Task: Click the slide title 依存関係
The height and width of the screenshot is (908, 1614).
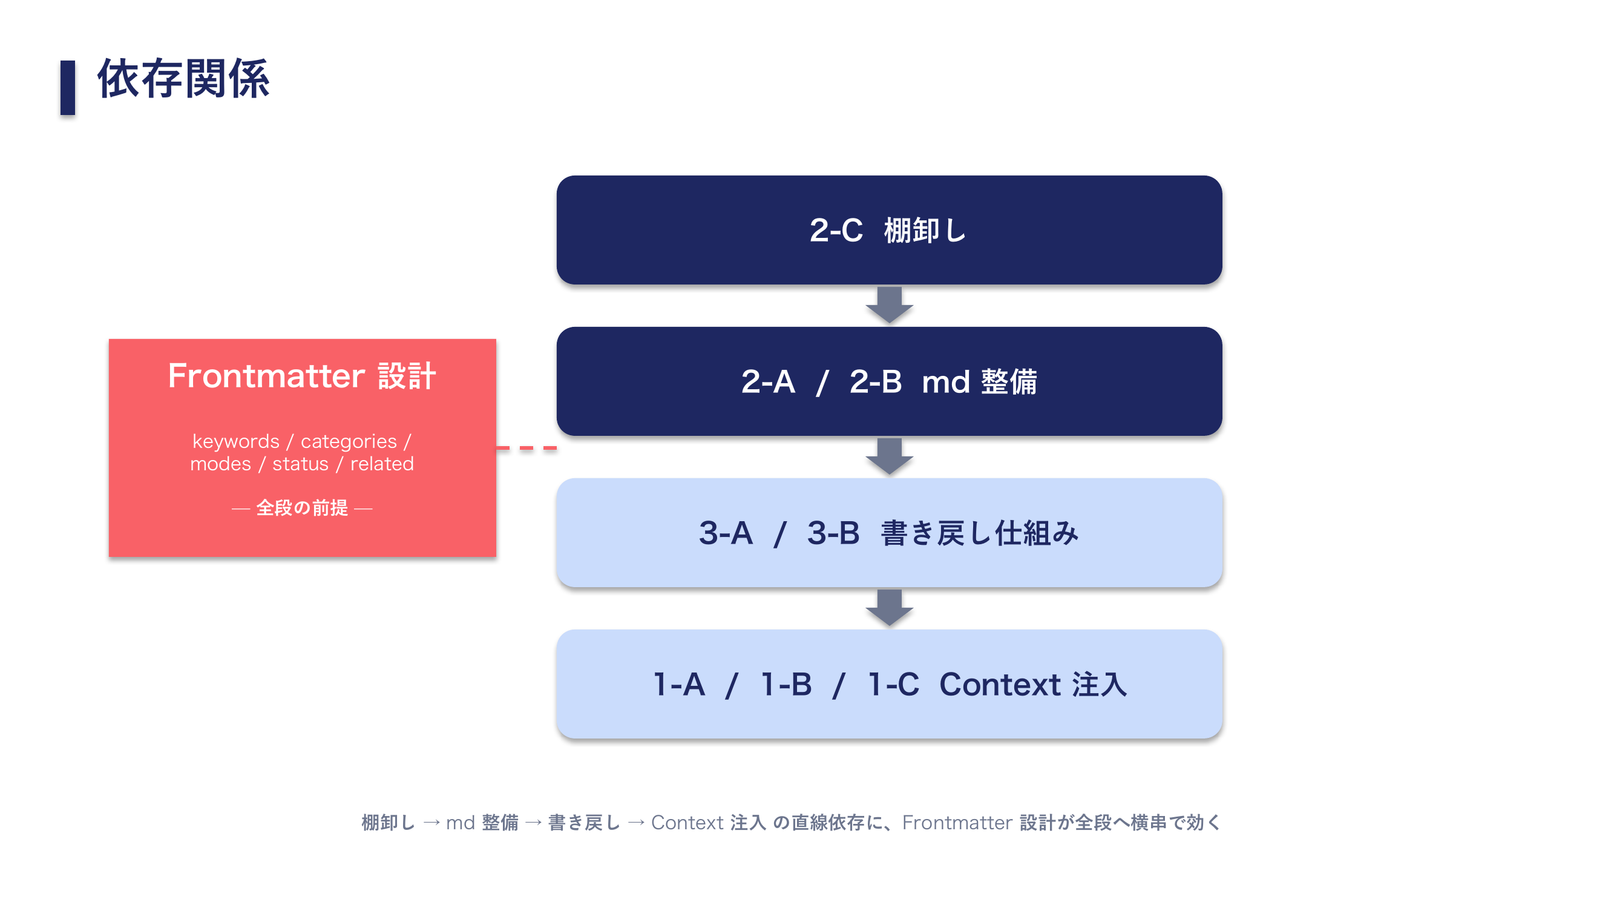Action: coord(183,79)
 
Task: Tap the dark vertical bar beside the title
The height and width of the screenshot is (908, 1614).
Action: coord(68,88)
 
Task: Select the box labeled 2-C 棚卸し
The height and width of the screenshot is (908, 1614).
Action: coord(888,230)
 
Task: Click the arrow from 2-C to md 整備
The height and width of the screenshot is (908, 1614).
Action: coord(888,304)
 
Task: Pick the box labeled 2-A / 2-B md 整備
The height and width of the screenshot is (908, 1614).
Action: coord(888,381)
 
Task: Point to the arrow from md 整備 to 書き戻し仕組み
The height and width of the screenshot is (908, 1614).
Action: coord(888,456)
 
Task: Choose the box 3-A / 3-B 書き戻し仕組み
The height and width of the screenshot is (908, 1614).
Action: coord(888,533)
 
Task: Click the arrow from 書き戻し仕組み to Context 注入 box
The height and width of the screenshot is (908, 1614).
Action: coord(888,607)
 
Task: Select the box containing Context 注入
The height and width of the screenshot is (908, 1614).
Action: coord(888,683)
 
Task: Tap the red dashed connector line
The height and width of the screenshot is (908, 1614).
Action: coord(527,448)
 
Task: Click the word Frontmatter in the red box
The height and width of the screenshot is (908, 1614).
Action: coord(266,376)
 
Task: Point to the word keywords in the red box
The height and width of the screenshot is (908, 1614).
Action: coord(235,442)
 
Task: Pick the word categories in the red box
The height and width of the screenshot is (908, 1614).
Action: coord(349,442)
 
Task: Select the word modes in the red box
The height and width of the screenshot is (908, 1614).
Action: coord(220,464)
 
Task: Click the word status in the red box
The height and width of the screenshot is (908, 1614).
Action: coord(300,464)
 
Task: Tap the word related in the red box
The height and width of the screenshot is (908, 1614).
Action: coord(382,464)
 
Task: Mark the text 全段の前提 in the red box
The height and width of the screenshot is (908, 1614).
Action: coord(302,508)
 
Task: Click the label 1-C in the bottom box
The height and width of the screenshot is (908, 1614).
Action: coord(893,684)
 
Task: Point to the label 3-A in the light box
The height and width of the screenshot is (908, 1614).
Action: coord(726,533)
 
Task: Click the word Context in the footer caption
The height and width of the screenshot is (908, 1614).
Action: coord(687,823)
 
